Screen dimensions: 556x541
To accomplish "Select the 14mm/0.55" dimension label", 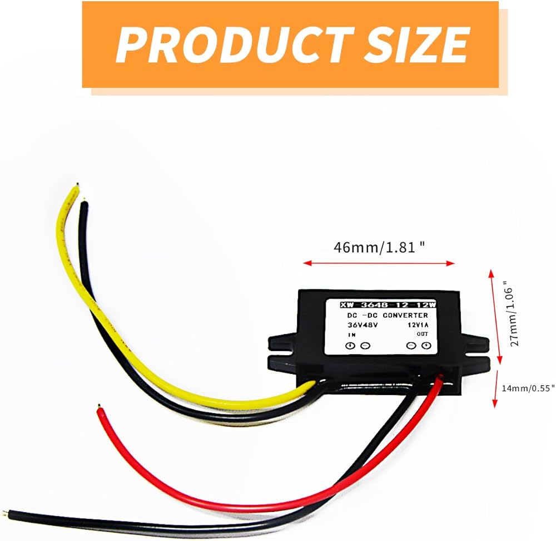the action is coord(527,387).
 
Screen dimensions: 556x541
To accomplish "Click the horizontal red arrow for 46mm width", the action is coord(379,263).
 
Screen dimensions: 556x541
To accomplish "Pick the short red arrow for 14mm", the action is coord(495,389).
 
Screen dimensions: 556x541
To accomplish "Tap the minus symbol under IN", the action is coord(365,346).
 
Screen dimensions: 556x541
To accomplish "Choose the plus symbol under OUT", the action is coord(426,346).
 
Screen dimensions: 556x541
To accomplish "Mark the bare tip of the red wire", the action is coord(99,407).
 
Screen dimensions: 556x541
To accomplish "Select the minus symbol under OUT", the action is coord(411,346).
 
